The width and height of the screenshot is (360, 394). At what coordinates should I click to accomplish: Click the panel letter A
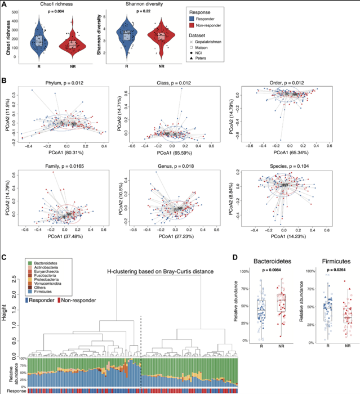pos(5,5)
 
